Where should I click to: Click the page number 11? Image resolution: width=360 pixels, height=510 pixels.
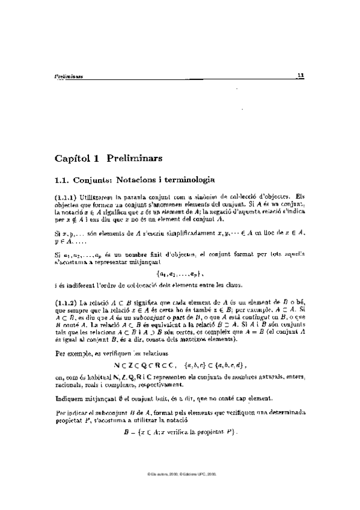pyautogui.click(x=302, y=76)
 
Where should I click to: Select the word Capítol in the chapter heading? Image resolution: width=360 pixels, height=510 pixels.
pyautogui.click(x=70, y=159)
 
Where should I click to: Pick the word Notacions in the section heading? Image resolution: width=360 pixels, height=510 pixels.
pyautogui.click(x=129, y=179)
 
